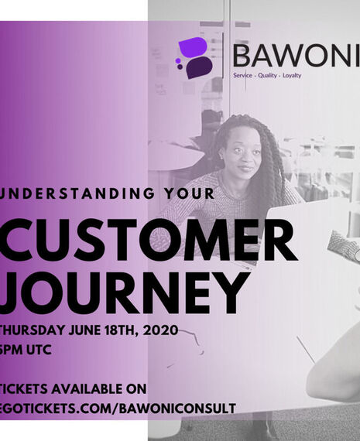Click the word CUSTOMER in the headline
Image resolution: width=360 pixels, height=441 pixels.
[x=148, y=241]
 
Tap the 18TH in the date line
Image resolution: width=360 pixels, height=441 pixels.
[x=120, y=330]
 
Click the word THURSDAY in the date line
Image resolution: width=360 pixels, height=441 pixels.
[x=31, y=330]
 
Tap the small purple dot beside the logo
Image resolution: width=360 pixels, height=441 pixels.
[x=179, y=60]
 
